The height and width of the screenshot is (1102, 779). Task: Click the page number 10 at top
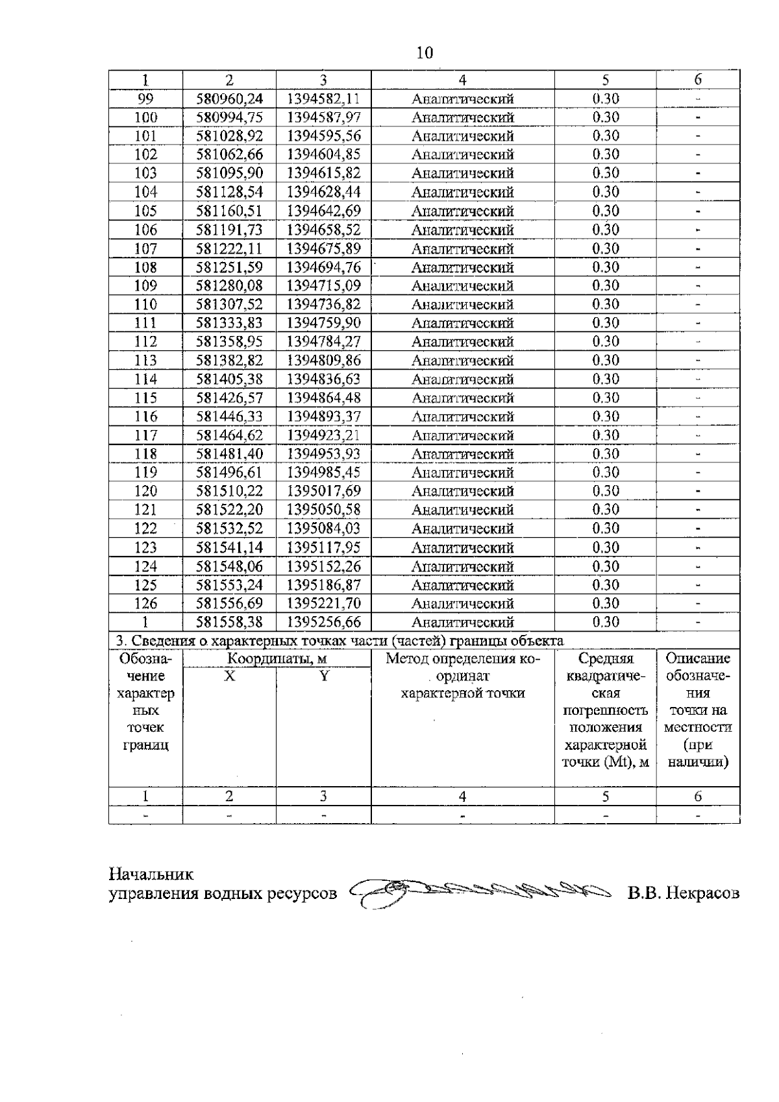point(424,53)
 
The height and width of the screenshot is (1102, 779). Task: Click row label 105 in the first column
point(145,211)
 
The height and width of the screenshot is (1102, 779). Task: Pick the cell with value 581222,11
point(229,248)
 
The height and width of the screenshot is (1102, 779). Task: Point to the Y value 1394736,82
point(323,304)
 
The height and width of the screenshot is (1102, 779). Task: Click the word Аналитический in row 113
point(463,361)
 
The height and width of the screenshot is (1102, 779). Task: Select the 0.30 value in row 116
point(605,416)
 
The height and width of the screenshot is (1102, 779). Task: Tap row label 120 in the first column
point(145,491)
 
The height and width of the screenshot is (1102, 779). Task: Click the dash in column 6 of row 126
point(698,603)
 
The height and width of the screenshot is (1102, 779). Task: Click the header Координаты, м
point(277,659)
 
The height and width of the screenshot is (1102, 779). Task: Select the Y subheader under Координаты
point(323,676)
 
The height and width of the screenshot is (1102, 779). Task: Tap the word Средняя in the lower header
point(605,659)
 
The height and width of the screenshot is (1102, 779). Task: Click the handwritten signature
point(480,894)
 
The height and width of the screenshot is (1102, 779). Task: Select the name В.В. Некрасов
point(683,894)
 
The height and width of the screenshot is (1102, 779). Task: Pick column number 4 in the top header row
point(462,80)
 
